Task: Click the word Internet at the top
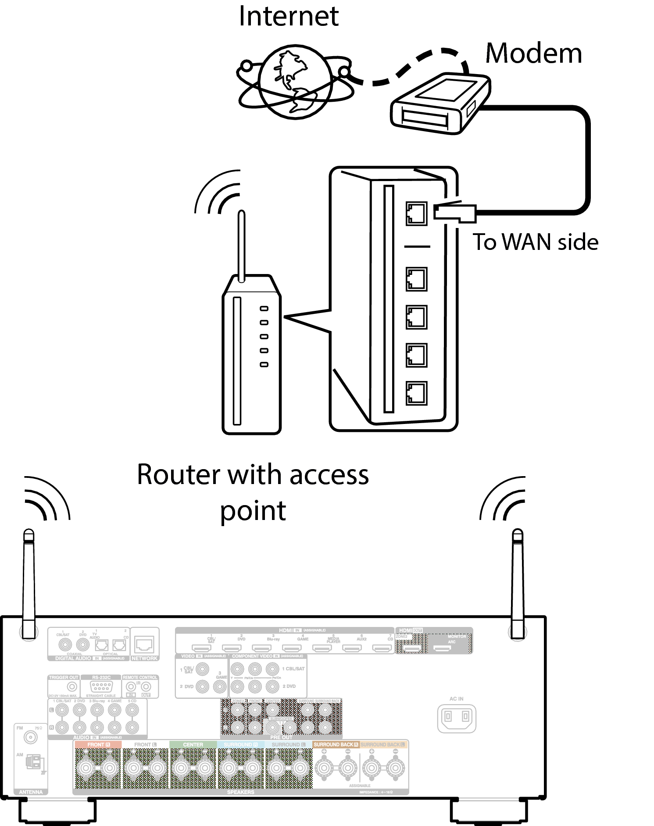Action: click(289, 17)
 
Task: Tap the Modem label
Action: click(533, 53)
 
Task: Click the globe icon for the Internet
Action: click(295, 82)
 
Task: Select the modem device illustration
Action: click(440, 104)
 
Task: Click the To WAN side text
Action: click(535, 242)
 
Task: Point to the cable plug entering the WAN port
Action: click(454, 212)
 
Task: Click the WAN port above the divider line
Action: click(416, 214)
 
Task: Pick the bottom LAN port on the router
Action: click(416, 393)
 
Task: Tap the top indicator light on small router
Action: click(264, 309)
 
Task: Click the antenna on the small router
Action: click(241, 246)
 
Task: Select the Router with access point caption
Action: click(253, 492)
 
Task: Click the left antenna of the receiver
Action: click(29, 583)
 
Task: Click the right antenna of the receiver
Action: click(518, 583)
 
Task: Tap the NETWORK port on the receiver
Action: click(144, 644)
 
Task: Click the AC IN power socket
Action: click(457, 718)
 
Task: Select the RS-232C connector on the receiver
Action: click(101, 687)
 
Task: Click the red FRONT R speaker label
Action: click(98, 744)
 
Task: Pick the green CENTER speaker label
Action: click(193, 744)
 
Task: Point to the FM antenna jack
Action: click(31, 737)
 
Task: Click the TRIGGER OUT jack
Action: click(72, 687)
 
